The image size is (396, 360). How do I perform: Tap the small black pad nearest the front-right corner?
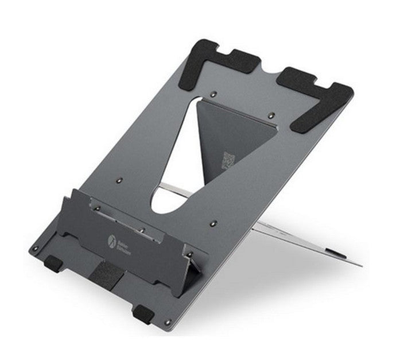click(141, 312)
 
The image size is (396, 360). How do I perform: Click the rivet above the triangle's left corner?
click(214, 92)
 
